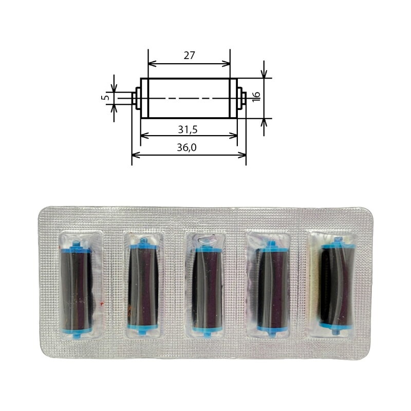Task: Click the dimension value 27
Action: (x=189, y=55)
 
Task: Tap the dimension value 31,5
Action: (x=188, y=129)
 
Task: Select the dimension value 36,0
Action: (x=186, y=147)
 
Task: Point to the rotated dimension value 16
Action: (x=256, y=97)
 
